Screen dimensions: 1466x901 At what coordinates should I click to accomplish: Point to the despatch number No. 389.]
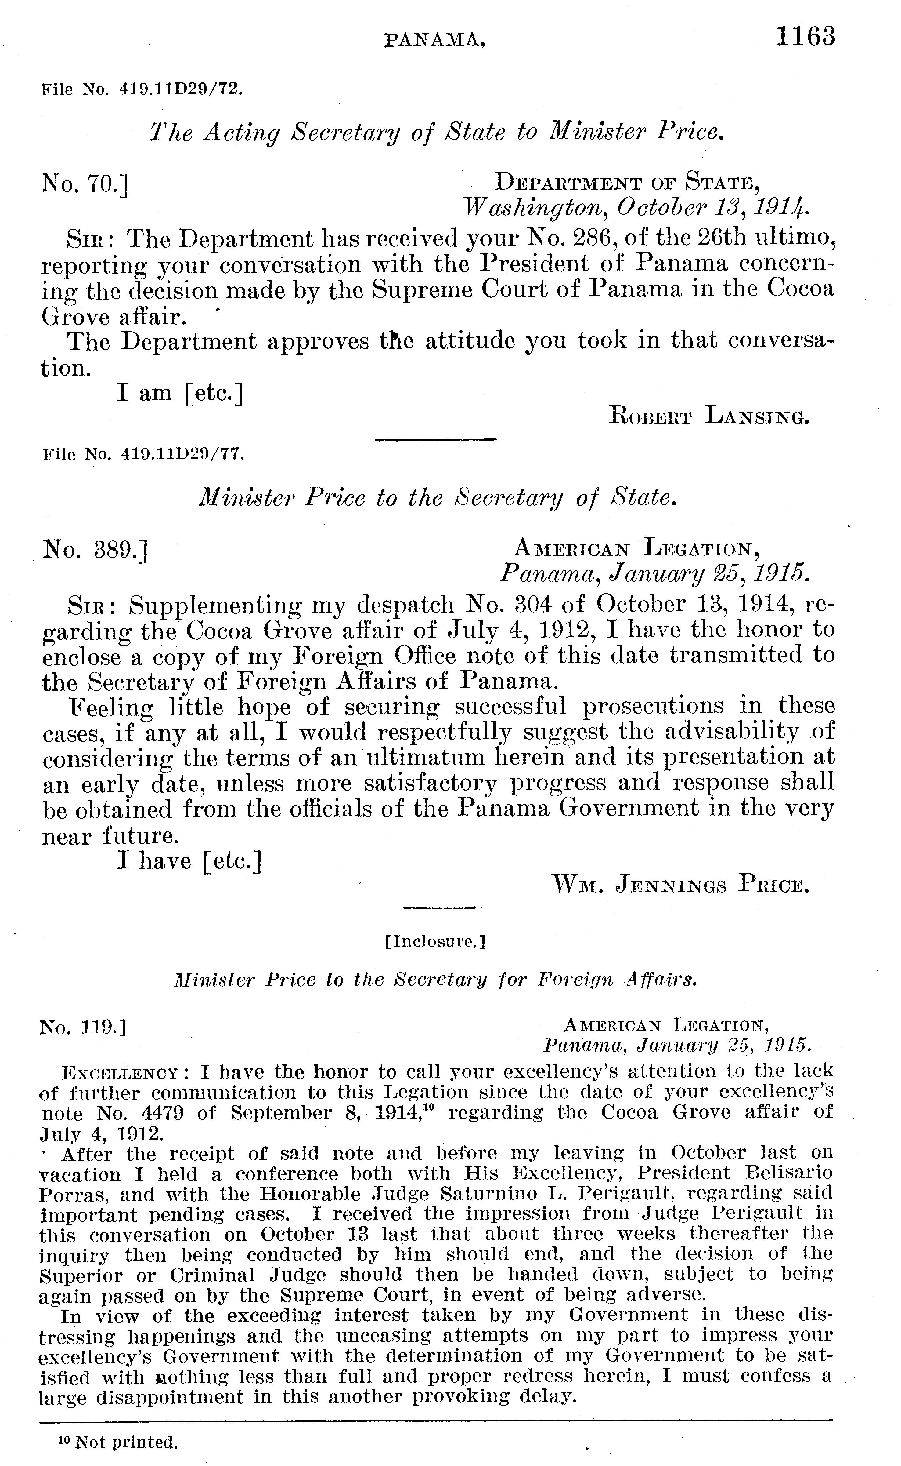95,549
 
